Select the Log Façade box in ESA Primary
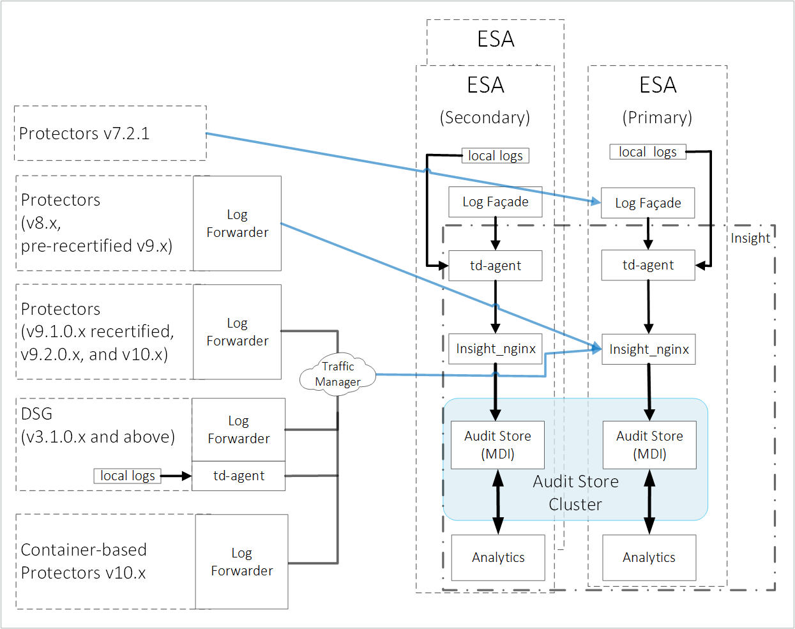pos(647,203)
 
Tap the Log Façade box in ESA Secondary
pos(495,202)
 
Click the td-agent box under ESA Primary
pos(647,265)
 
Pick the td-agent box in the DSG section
pos(238,476)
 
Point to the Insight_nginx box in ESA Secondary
pos(495,349)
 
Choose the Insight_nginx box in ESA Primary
pos(648,349)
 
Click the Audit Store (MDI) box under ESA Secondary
pos(497,445)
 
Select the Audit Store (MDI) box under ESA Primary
pos(649,445)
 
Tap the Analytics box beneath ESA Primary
pos(649,557)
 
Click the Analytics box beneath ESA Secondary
pos(498,557)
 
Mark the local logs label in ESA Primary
pos(647,152)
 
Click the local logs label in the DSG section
pos(128,476)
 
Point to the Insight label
pos(750,238)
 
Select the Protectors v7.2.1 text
pos(84,133)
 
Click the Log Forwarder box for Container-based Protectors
pos(241,562)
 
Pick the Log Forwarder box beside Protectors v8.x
pos(237,224)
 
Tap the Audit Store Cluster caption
pos(575,492)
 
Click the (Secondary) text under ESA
pos(485,117)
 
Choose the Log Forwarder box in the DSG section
pos(238,430)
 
